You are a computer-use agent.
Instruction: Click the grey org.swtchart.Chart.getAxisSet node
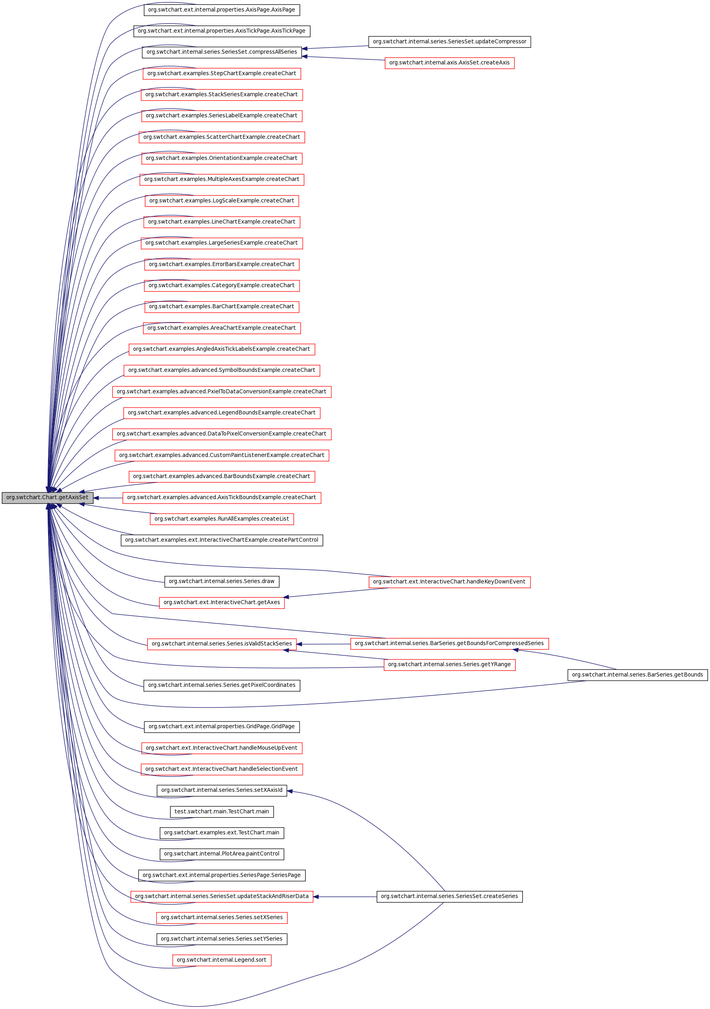[47, 498]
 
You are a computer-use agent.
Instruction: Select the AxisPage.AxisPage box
[222, 10]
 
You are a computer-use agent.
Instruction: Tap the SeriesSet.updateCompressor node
[449, 42]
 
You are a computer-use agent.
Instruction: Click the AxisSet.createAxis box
[449, 63]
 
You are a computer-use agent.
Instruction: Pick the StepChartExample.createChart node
[222, 74]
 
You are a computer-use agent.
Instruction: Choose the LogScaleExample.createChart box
[222, 201]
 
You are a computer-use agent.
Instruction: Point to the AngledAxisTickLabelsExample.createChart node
[222, 349]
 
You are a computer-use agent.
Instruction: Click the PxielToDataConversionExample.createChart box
[222, 392]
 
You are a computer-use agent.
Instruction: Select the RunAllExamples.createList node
[222, 519]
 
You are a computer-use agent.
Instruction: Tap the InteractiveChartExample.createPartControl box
[222, 540]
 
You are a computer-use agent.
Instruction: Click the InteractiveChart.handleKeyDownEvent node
[449, 582]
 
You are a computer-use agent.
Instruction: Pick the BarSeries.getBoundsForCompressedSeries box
[449, 644]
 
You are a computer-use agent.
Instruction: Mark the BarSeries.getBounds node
[637, 675]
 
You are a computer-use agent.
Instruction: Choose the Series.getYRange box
[449, 665]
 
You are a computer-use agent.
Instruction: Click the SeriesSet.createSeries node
[449, 896]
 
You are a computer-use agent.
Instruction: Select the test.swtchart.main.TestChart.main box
[222, 812]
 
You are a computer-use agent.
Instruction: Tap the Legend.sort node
[222, 960]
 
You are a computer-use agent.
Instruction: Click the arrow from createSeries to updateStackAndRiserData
[345, 896]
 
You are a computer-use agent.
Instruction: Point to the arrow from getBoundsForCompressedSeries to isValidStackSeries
[323, 644]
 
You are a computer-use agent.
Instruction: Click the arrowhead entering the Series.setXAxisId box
[290, 791]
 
